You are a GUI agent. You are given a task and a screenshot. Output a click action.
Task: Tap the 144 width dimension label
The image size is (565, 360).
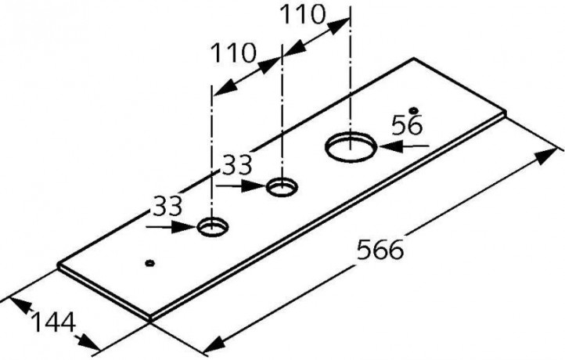(53, 322)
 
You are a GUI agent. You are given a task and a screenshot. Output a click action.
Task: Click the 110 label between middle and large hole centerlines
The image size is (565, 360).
(302, 15)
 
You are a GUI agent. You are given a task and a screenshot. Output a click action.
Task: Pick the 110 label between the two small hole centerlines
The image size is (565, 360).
(232, 53)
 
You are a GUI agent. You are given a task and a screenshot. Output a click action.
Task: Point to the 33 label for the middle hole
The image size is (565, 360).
(237, 164)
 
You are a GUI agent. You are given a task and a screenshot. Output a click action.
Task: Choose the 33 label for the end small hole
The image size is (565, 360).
(167, 207)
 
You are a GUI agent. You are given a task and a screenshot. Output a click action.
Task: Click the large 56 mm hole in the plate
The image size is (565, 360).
(351, 146)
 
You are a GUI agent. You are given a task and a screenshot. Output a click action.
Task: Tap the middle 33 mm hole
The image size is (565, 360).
(282, 187)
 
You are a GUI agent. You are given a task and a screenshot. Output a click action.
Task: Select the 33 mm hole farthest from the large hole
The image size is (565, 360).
(213, 228)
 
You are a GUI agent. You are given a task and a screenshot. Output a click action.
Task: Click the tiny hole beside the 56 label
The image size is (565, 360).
(414, 110)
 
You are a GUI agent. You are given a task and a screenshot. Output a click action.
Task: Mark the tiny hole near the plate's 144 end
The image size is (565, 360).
(150, 263)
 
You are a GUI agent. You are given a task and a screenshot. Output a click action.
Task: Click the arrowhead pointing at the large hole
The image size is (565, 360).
(390, 146)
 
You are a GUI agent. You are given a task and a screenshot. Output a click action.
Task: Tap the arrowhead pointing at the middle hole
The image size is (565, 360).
(254, 186)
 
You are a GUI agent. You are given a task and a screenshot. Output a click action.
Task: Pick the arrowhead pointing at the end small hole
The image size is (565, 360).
(184, 227)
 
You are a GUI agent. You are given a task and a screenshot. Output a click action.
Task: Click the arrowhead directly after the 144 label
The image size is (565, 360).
(87, 342)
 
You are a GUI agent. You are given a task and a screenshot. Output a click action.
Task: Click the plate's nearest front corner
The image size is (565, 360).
(150, 319)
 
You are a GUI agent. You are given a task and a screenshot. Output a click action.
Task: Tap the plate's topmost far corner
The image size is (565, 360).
(414, 59)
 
